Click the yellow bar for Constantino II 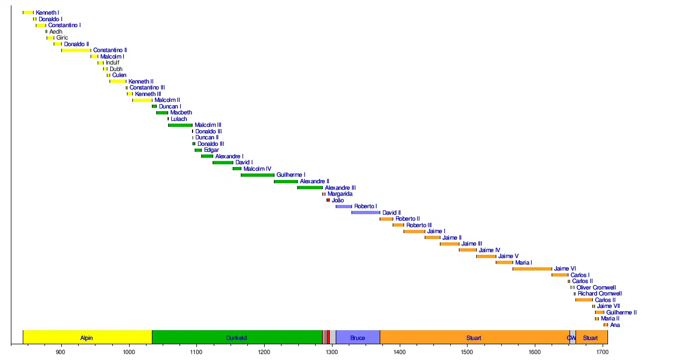pyautogui.click(x=76, y=50)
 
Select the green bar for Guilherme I pyautogui.click(x=258, y=175)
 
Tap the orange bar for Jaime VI pyautogui.click(x=532, y=269)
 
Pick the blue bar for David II pyautogui.click(x=366, y=213)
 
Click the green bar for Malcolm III pyautogui.click(x=180, y=125)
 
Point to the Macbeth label pyautogui.click(x=181, y=113)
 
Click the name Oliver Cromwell pyautogui.click(x=596, y=288)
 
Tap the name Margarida pyautogui.click(x=340, y=194)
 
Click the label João pyautogui.click(x=338, y=201)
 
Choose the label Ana pyautogui.click(x=615, y=325)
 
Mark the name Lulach pyautogui.click(x=179, y=119)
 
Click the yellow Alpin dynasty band pyautogui.click(x=87, y=338)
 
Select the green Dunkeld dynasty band pyautogui.click(x=237, y=338)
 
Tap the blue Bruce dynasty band pyautogui.click(x=357, y=338)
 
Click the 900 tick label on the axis pyautogui.click(x=61, y=351)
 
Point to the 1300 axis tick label pyautogui.click(x=332, y=351)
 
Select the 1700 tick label pyautogui.click(x=602, y=351)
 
